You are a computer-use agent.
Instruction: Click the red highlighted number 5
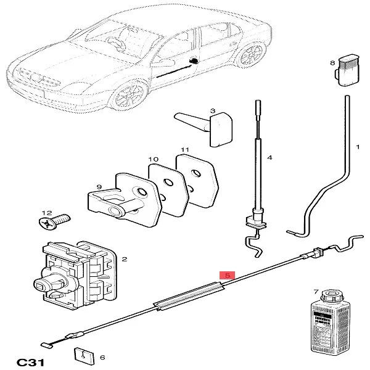228,274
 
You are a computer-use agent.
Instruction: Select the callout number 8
332,62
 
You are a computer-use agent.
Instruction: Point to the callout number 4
269,158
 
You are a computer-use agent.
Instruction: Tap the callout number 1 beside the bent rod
357,147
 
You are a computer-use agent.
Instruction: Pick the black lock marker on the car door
194,60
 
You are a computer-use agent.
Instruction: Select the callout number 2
124,260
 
